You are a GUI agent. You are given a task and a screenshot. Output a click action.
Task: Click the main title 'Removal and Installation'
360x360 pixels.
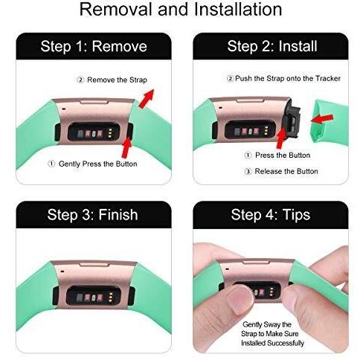tap(181, 10)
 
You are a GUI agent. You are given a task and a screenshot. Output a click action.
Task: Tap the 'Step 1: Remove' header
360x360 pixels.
tap(94, 46)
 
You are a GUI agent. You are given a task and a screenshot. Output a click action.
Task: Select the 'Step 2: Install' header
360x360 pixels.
tap(272, 46)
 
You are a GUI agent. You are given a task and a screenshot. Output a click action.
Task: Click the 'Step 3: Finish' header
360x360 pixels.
tap(92, 215)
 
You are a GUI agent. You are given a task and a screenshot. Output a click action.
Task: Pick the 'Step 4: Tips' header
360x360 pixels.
tap(271, 215)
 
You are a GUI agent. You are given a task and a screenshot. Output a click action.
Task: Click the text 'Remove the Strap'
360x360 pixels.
tap(117, 80)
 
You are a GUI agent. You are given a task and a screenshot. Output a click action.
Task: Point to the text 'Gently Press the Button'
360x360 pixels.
tap(97, 164)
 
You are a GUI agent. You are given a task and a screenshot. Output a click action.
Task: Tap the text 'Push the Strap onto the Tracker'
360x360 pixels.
tap(288, 79)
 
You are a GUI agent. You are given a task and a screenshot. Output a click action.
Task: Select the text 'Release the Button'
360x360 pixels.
tap(286, 171)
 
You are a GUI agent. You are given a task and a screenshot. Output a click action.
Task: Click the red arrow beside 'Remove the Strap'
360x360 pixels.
tap(147, 98)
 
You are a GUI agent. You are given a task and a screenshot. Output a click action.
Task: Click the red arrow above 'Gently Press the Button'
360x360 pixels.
tap(126, 147)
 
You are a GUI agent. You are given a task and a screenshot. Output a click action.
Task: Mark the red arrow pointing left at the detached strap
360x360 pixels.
tap(322, 119)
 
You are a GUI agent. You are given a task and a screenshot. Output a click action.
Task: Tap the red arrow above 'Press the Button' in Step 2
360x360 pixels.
tap(281, 138)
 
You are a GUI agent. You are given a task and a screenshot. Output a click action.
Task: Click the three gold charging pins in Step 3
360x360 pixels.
tap(111, 298)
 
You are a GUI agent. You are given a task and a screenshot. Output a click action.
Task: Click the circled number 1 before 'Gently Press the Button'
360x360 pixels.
tap(51, 164)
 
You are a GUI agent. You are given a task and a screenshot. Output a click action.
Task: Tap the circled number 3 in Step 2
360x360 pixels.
tap(248, 171)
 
